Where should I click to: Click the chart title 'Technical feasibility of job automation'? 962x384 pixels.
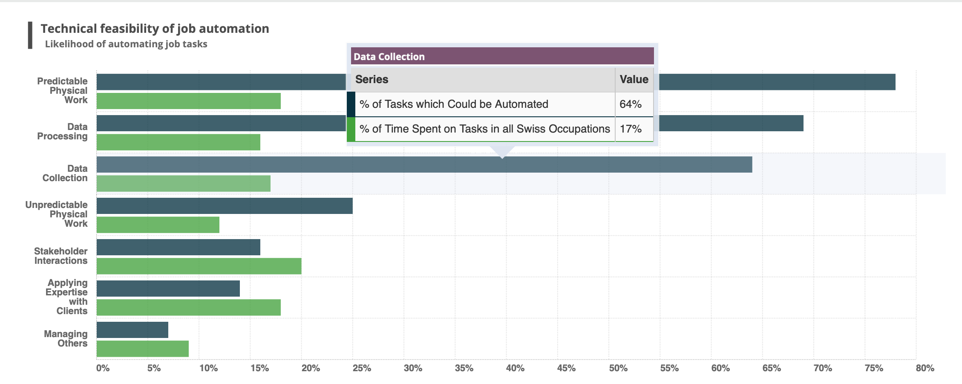tap(155, 29)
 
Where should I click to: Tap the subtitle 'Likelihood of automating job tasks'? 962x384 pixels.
tap(126, 44)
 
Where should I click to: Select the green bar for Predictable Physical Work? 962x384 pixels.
tap(188, 101)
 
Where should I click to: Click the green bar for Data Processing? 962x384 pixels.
tap(178, 142)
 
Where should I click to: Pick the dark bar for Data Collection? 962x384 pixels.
tap(424, 165)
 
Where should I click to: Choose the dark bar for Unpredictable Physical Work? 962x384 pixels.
tap(225, 206)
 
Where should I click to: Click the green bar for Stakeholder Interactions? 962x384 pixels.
tap(199, 266)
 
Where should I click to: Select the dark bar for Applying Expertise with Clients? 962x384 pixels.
tap(168, 289)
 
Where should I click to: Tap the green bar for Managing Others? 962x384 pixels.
tap(142, 349)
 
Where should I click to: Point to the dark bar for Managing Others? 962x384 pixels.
tap(132, 330)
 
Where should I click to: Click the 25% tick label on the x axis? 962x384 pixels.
tap(362, 368)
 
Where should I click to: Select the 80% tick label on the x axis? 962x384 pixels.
tap(925, 368)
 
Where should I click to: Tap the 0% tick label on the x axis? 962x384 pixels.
tap(103, 368)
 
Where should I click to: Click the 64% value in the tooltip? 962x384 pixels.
tap(630, 104)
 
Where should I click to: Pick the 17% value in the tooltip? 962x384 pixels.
tap(630, 129)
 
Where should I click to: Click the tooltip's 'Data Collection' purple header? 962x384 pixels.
tap(502, 56)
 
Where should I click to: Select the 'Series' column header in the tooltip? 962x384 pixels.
tap(372, 80)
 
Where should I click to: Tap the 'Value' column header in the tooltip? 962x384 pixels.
tap(634, 80)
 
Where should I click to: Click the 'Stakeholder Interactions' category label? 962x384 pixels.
tap(60, 256)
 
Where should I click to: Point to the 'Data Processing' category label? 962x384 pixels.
tap(62, 132)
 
